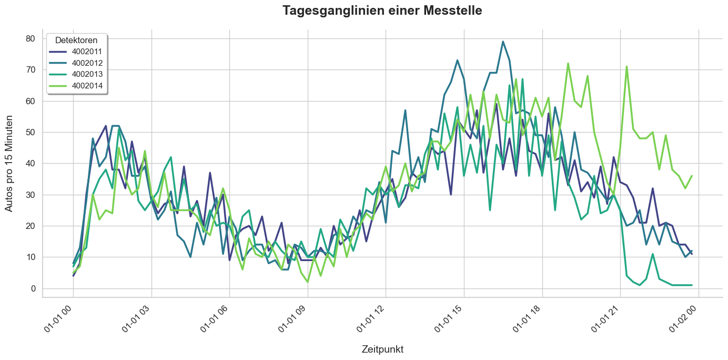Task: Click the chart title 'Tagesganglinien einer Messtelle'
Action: coord(382,11)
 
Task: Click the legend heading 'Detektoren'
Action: coord(76,41)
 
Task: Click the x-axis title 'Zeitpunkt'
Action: coord(382,349)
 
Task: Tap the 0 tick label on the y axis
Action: coord(33,288)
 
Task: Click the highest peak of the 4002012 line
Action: coord(503,42)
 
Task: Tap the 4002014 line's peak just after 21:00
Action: coord(626,67)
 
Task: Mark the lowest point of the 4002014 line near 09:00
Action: coord(307,282)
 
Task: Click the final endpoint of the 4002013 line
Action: coord(692,285)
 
